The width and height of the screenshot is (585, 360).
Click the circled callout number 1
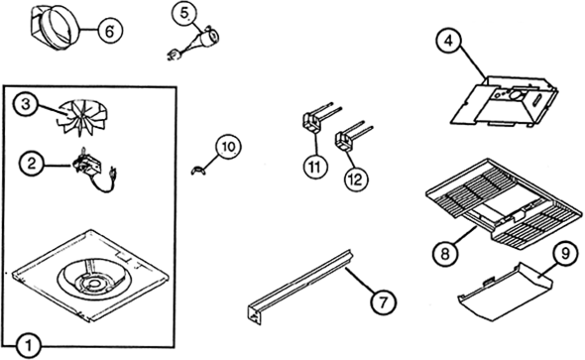(29, 346)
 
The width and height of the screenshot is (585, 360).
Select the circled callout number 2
(32, 164)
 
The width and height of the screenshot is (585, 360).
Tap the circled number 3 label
(25, 104)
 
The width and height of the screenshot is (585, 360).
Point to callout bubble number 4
(449, 41)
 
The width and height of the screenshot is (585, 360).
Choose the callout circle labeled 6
(110, 31)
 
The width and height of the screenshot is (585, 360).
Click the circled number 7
(384, 301)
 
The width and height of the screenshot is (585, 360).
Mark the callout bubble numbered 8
(445, 254)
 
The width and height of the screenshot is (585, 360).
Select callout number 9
(565, 254)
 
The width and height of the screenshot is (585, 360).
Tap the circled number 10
(228, 146)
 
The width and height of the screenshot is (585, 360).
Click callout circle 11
(315, 167)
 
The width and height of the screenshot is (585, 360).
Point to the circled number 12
(356, 180)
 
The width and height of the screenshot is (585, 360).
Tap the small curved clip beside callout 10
(198, 170)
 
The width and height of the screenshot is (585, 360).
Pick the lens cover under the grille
(505, 291)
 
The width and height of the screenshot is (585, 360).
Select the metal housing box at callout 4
(505, 101)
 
